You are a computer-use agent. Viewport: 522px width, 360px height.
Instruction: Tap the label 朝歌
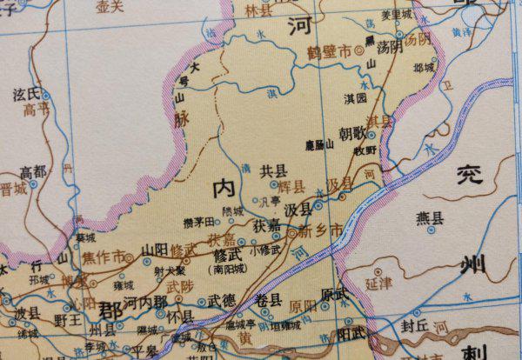point(351,134)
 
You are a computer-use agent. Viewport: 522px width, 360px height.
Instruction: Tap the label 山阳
point(154,248)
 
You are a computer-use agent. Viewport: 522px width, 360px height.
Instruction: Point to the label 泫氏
point(26,92)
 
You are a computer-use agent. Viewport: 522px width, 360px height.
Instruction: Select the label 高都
point(33,170)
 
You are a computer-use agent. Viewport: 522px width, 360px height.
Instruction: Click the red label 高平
point(36,110)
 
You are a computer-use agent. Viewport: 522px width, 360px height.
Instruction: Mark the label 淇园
point(355,101)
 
